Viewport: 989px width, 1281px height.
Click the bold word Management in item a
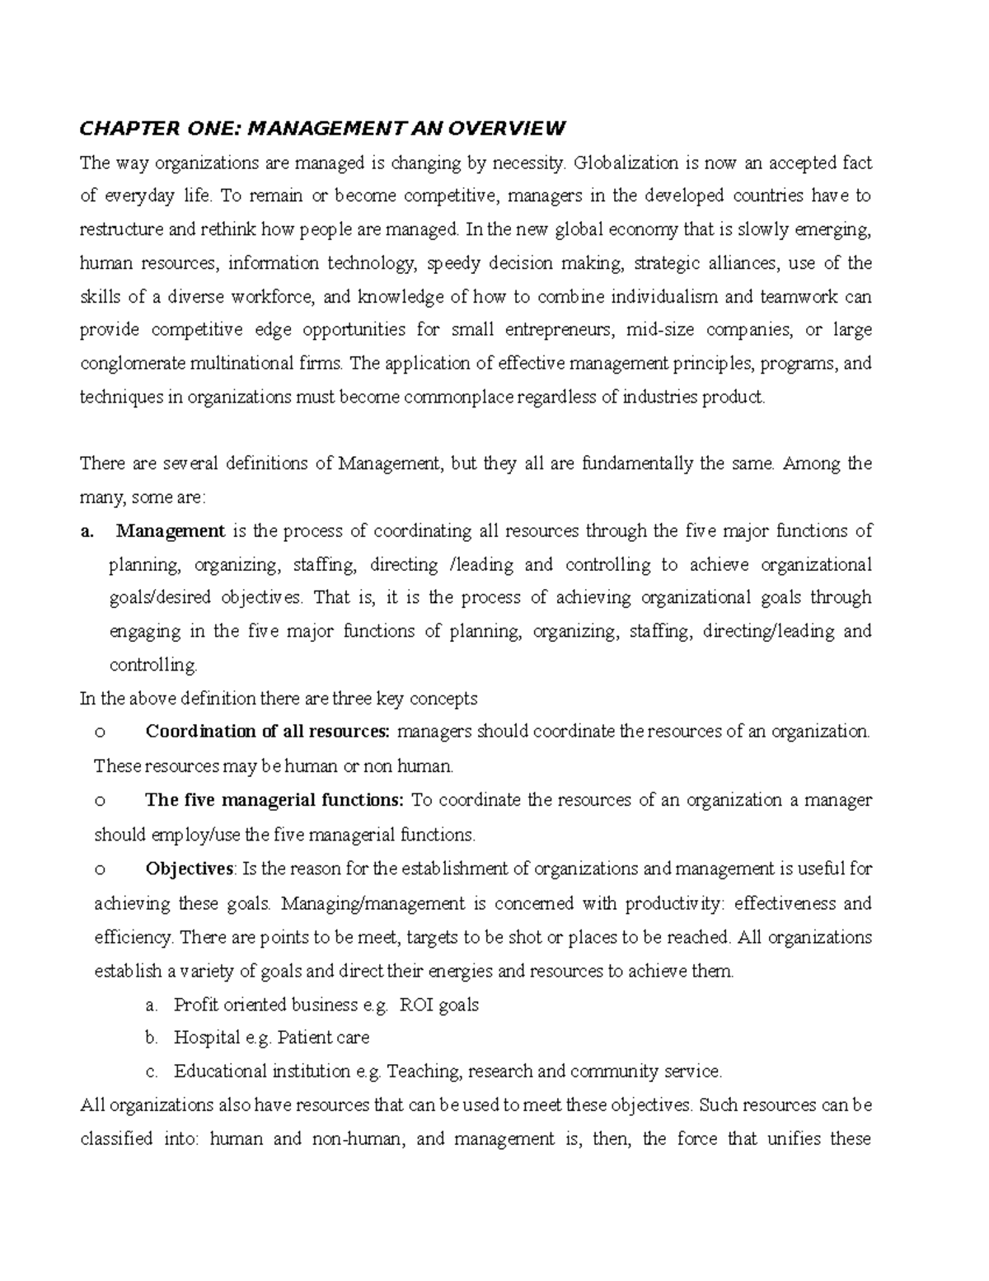171,530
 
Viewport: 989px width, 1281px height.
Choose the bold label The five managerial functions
274,800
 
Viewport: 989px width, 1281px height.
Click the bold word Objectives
190,869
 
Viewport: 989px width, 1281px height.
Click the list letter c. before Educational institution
150,1071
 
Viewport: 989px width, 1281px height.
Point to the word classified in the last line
116,1139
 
